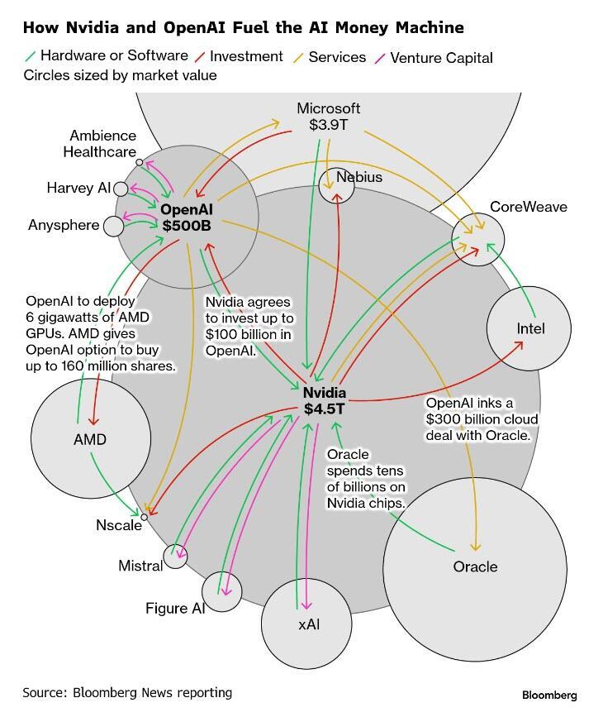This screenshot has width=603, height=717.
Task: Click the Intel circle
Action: [529, 328]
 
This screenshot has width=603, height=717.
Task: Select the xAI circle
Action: [308, 623]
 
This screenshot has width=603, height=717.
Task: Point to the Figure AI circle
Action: [221, 591]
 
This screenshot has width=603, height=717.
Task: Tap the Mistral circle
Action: [175, 556]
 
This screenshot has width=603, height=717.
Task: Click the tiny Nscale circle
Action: [145, 518]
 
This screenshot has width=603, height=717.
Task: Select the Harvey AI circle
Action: [121, 189]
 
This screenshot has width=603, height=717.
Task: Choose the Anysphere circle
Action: [113, 225]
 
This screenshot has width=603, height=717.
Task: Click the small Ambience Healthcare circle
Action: [139, 162]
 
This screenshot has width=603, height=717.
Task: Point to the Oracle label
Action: [475, 566]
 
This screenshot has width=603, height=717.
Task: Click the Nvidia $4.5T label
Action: [324, 400]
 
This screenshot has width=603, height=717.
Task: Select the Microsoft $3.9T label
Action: [329, 117]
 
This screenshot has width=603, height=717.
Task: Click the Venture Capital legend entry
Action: [440, 57]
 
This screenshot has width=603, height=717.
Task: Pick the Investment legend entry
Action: [245, 57]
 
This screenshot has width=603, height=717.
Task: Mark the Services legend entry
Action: [336, 57]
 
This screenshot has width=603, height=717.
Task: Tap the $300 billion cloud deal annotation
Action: [481, 418]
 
